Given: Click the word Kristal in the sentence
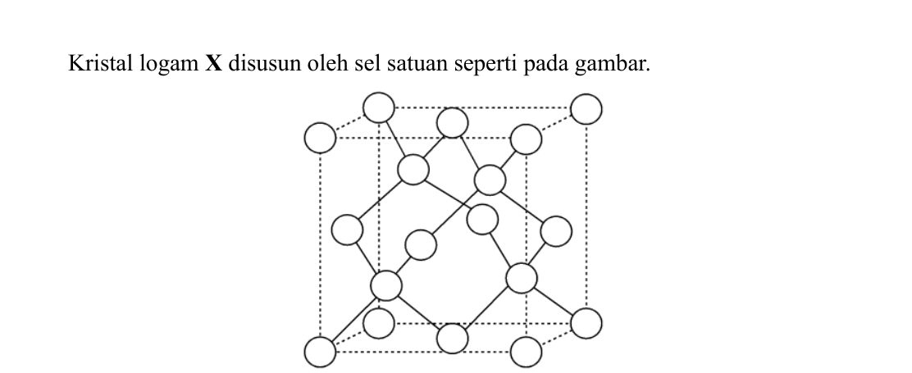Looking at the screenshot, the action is pyautogui.click(x=101, y=63).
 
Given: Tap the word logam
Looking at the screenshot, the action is pyautogui.click(x=169, y=65).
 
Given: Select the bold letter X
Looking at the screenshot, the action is pyautogui.click(x=213, y=63).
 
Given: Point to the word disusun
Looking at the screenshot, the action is pyautogui.click(x=265, y=63).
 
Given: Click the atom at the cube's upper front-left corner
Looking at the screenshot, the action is pyautogui.click(x=320, y=139).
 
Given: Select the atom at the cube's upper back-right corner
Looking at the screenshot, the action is pyautogui.click(x=586, y=109).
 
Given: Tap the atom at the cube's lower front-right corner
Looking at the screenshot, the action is pyautogui.click(x=526, y=352).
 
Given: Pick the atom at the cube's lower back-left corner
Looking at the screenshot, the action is pyautogui.click(x=379, y=323).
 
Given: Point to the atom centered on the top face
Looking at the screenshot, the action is pyautogui.click(x=452, y=123).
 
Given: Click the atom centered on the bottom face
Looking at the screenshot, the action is pyautogui.click(x=452, y=338).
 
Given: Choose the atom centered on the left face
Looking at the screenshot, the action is pyautogui.click(x=347, y=230).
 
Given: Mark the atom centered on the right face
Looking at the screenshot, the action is pyautogui.click(x=556, y=231).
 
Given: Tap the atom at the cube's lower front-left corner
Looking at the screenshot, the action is pyautogui.click(x=320, y=352).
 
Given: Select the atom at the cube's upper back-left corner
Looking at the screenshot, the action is pyautogui.click(x=379, y=107).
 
